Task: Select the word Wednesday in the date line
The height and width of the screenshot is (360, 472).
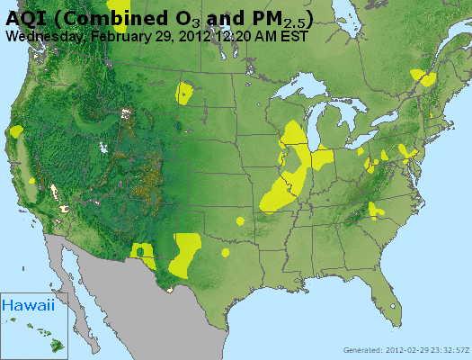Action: [x=46, y=37]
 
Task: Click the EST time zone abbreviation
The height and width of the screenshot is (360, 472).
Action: [x=294, y=37]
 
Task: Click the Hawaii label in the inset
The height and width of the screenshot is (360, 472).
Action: [x=28, y=305]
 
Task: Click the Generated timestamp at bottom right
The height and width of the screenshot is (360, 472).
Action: [x=405, y=350]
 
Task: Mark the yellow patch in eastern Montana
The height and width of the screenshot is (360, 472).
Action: [x=185, y=92]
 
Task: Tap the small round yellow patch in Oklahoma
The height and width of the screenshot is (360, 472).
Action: [x=240, y=220]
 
